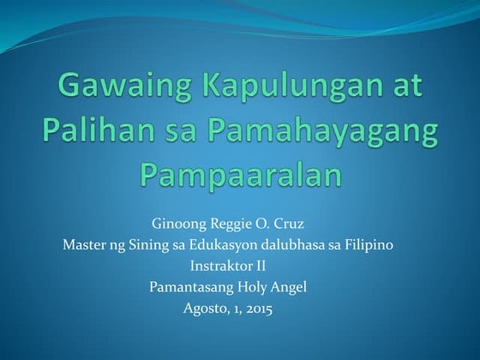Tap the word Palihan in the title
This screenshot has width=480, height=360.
tap(89, 132)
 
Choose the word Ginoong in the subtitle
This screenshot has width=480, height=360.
tap(177, 225)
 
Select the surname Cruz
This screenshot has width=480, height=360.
tap(288, 225)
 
